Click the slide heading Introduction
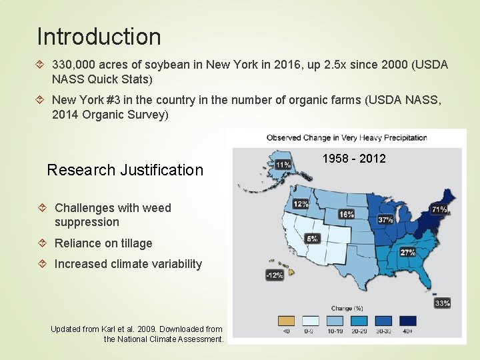(99, 36)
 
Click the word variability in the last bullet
(170, 264)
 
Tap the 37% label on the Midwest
(385, 219)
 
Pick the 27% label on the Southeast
(407, 253)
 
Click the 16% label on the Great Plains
(346, 214)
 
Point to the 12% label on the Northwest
(301, 203)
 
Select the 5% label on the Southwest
(311, 238)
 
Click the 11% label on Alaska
(283, 164)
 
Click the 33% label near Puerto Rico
(442, 303)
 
